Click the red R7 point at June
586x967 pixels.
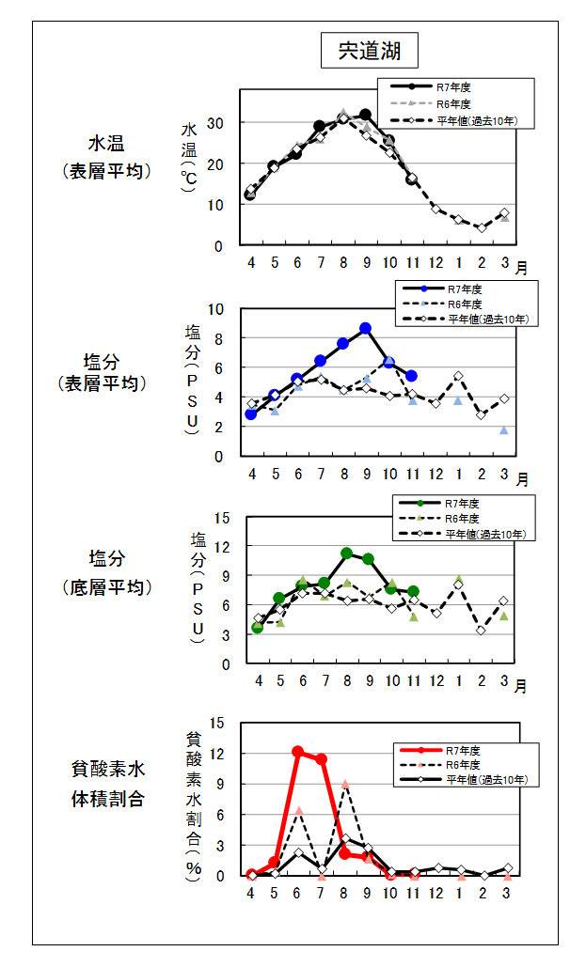[298, 752]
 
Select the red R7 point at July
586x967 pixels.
[321, 758]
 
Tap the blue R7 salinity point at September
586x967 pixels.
[365, 328]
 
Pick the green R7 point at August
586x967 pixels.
[346, 554]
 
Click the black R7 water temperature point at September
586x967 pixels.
[365, 115]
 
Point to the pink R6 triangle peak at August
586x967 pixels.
[345, 784]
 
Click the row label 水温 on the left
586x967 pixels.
[106, 145]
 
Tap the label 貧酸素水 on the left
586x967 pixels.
[108, 770]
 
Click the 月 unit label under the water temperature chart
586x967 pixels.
[520, 267]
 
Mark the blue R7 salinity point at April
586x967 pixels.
[251, 413]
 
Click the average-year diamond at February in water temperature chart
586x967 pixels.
[481, 227]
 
